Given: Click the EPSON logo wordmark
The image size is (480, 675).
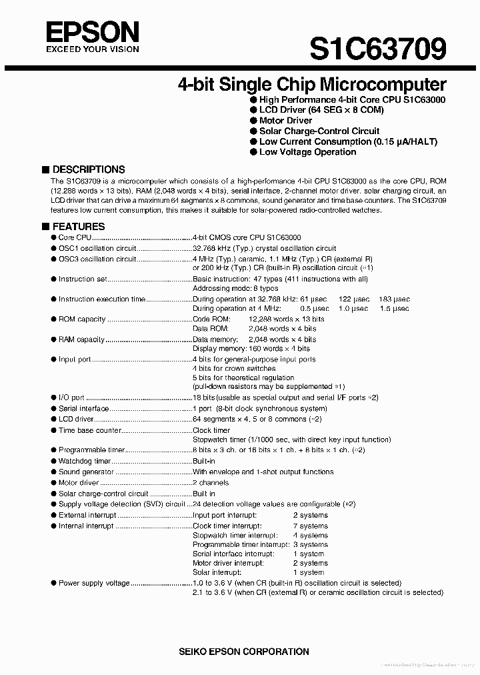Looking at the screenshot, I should pyautogui.click(x=92, y=31).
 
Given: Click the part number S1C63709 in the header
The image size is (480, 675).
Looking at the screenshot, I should pyautogui.click(x=377, y=48).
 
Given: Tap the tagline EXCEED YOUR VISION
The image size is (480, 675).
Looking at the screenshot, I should pyautogui.click(x=92, y=49).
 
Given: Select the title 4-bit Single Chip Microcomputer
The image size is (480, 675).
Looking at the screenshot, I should pyautogui.click(x=311, y=85).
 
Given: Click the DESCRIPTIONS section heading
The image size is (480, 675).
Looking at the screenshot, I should pyautogui.click(x=88, y=169).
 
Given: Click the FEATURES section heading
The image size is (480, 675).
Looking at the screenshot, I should pyautogui.click(x=78, y=226).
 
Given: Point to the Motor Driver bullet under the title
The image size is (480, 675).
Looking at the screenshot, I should pyautogui.click(x=285, y=120).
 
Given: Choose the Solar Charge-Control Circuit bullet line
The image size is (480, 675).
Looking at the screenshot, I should pyautogui.click(x=319, y=131).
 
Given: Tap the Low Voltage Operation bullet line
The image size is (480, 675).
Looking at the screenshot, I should pyautogui.click(x=307, y=152).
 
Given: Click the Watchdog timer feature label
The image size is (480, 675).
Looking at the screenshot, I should pyautogui.click(x=84, y=462).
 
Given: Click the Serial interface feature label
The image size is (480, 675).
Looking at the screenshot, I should pyautogui.click(x=83, y=408).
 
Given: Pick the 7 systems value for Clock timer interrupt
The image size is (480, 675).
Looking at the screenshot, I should pyautogui.click(x=310, y=526).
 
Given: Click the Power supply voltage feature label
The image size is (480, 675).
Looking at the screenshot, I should pyautogui.click(x=94, y=583).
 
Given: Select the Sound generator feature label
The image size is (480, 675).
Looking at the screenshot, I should pyautogui.click(x=86, y=472).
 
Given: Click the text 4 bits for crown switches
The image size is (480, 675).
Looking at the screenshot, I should pyautogui.click(x=234, y=368).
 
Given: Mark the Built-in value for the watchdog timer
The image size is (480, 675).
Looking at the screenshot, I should pyautogui.click(x=203, y=462).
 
